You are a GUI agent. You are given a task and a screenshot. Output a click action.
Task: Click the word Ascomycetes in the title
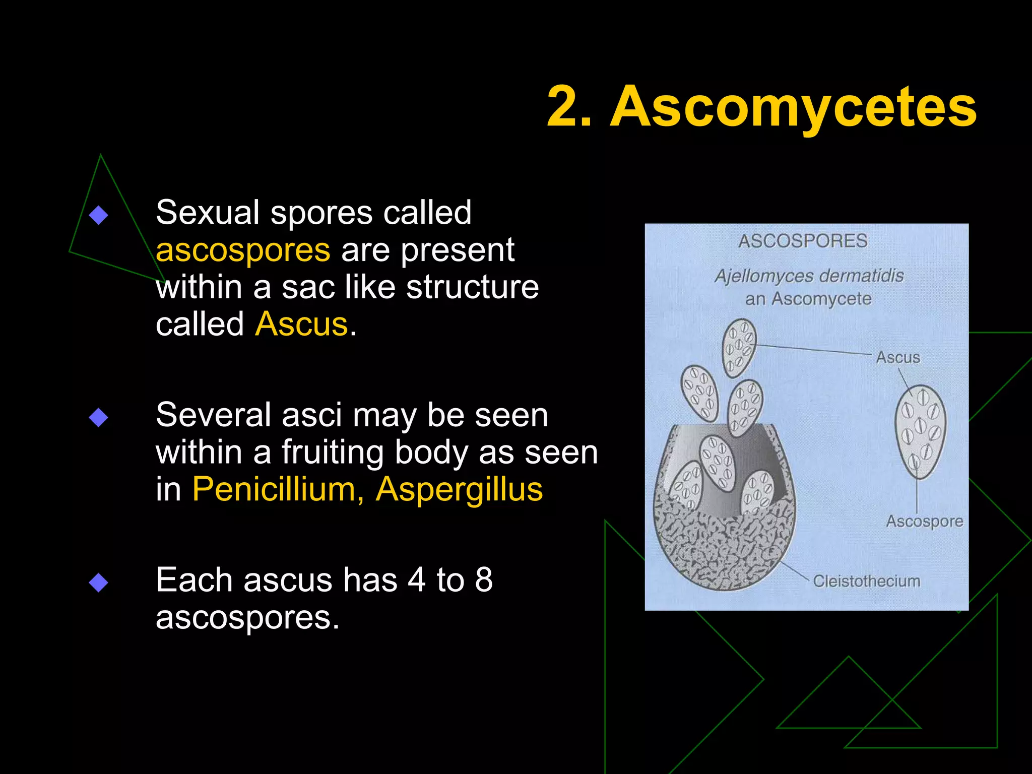[793, 107]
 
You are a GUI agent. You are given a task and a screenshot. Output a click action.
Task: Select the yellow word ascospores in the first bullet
[243, 250]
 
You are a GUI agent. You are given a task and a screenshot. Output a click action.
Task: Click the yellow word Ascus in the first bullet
[301, 324]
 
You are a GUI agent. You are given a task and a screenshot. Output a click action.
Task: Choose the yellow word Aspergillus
[459, 489]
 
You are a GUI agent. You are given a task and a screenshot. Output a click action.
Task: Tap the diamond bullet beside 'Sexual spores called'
[98, 215]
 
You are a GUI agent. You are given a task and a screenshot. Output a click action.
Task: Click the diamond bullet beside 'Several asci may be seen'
[98, 417]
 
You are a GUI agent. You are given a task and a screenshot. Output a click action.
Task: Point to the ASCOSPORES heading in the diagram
[803, 241]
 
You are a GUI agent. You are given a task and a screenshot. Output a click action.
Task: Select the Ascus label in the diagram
[898, 358]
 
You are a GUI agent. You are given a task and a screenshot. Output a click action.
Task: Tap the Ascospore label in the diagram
[924, 521]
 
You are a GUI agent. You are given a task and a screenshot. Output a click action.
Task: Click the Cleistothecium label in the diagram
[867, 581]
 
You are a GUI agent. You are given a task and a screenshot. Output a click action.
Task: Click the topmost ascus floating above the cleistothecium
[739, 348]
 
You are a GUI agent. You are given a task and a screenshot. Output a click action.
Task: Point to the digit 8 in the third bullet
[484, 580]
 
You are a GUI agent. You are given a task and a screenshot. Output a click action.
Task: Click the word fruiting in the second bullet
[333, 453]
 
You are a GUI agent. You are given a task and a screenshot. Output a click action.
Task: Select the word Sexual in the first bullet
[208, 213]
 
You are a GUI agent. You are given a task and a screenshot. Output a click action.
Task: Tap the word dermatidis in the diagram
[868, 276]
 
